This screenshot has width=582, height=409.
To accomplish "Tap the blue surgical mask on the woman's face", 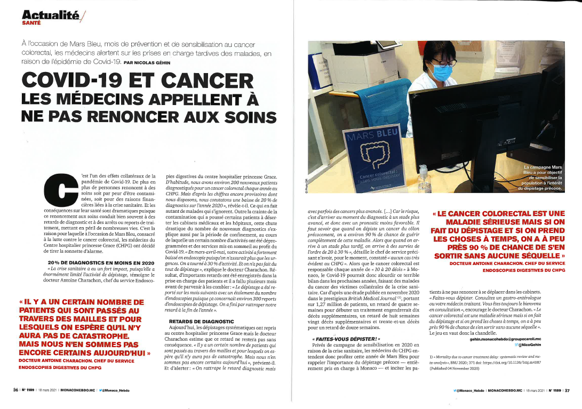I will [441, 70].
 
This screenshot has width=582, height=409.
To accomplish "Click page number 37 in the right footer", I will [568, 390].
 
